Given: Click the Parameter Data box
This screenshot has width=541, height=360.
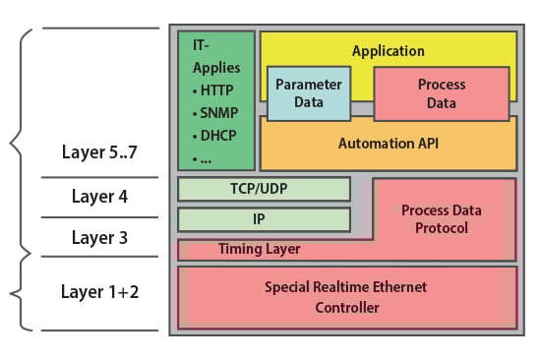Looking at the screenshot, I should point(307,93).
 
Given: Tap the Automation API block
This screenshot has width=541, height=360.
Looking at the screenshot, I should point(388,144).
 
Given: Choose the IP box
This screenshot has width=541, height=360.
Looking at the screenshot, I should point(264,219).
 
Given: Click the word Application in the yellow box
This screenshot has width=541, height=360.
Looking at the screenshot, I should point(388,51).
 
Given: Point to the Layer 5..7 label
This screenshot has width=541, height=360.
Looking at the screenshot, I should point(98,153).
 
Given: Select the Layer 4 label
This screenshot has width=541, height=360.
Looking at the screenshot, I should point(99,196).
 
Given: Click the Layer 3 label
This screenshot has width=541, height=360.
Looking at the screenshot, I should point(99,237).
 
